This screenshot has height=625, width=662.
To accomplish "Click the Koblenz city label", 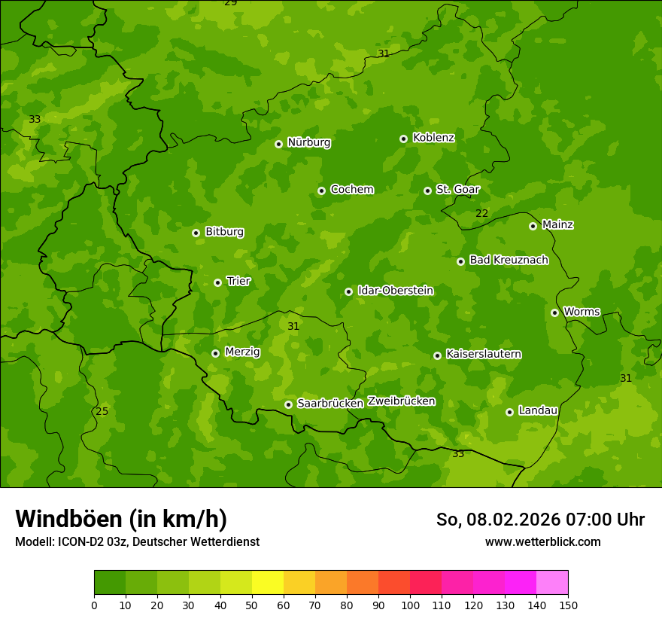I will click(x=433, y=138).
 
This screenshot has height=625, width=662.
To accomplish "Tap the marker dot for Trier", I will click(x=217, y=282).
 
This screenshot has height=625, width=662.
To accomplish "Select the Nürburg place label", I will click(x=308, y=142).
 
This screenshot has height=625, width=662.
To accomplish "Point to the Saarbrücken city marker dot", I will click(x=288, y=404).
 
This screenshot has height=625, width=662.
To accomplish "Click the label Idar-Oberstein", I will click(x=395, y=291).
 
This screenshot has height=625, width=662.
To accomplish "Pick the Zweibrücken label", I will click(x=401, y=401).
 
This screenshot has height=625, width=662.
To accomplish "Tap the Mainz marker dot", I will click(x=533, y=226).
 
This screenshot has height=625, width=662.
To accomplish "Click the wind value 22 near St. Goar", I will click(x=481, y=214).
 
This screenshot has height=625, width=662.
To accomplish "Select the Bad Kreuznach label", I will click(x=509, y=260).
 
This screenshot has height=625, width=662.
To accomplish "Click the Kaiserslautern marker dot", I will click(x=437, y=355).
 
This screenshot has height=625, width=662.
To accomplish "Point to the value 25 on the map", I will click(x=102, y=411).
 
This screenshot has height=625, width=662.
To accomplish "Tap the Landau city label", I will click(x=538, y=410).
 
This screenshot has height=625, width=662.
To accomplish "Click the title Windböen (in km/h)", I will click(x=121, y=519).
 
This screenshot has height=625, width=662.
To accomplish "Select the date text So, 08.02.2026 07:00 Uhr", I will click(x=540, y=520).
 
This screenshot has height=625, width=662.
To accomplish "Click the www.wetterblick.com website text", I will click(x=542, y=541).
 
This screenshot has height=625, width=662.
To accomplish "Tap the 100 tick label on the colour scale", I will click(x=410, y=605).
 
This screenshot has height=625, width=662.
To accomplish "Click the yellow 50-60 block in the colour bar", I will click(x=268, y=583).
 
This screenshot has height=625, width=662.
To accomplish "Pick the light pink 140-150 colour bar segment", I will click(x=552, y=583).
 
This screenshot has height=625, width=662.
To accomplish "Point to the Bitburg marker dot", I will click(x=196, y=233).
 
